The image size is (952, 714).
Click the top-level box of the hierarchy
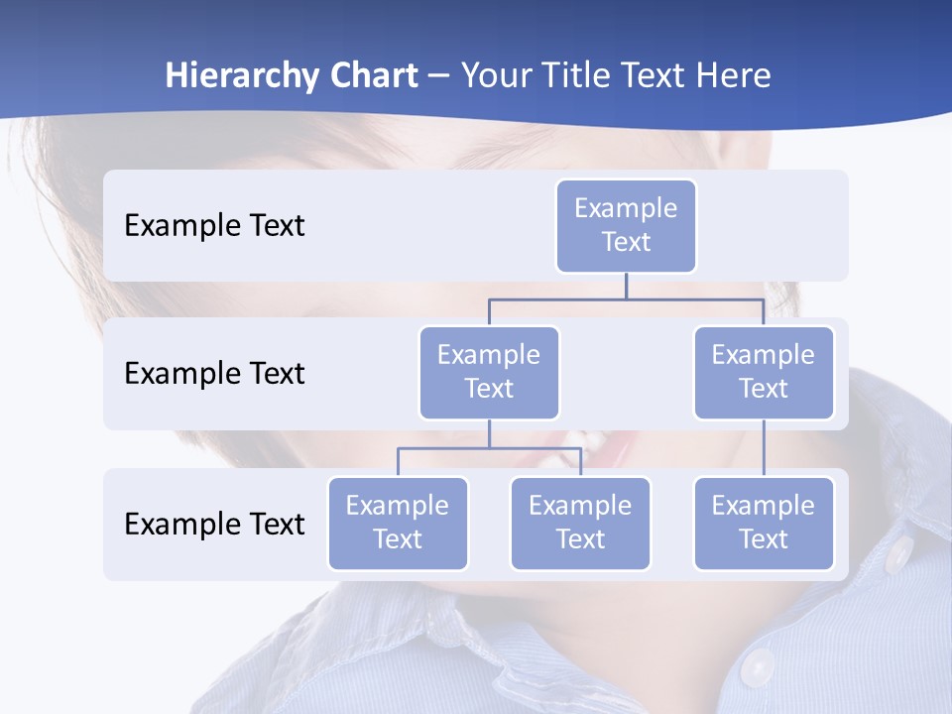[x=626, y=226]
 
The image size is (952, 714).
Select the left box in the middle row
[x=489, y=372]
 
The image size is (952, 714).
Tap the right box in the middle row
[x=764, y=372]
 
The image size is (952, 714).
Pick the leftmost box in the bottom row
[x=398, y=523]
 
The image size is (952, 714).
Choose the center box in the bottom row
[x=580, y=523]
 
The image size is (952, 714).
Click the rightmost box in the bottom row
[x=764, y=523]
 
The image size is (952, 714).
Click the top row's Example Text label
[x=214, y=226]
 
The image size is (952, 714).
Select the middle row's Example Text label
[x=214, y=374]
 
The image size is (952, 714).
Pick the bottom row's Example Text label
[x=214, y=524]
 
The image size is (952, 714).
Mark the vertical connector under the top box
[x=626, y=286]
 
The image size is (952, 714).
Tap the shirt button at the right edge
[x=898, y=555]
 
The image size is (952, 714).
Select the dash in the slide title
[x=439, y=76]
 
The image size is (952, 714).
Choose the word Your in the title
[x=496, y=75]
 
